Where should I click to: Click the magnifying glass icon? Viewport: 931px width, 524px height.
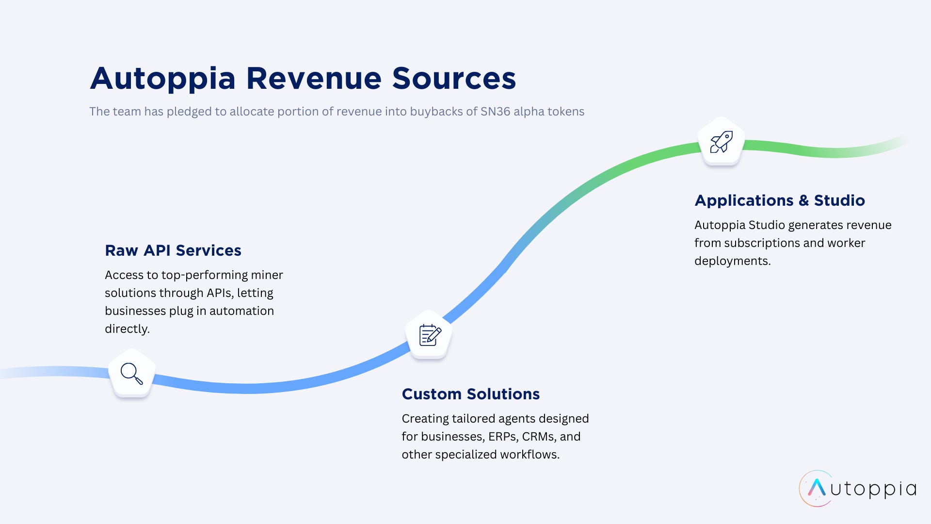(x=131, y=374)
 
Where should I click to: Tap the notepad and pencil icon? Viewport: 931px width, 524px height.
(x=430, y=335)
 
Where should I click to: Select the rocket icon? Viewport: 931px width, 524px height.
(x=721, y=142)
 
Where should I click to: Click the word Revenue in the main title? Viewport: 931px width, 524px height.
(x=314, y=78)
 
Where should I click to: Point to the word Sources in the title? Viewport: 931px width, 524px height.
(x=454, y=78)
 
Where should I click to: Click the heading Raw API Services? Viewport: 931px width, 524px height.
(x=173, y=250)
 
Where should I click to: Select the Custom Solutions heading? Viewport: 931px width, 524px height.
(x=470, y=394)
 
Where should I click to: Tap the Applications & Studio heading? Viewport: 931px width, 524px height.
(x=779, y=200)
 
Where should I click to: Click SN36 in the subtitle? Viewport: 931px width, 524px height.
(x=495, y=112)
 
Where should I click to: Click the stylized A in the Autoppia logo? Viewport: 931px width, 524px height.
(x=817, y=488)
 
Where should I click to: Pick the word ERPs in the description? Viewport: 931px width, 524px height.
(x=502, y=437)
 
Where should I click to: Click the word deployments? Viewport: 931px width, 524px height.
(x=732, y=261)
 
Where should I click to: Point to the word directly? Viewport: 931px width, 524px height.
(x=127, y=329)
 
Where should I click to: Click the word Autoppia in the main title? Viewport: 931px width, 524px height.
(x=163, y=78)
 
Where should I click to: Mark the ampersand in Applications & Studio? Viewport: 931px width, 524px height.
(x=803, y=200)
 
